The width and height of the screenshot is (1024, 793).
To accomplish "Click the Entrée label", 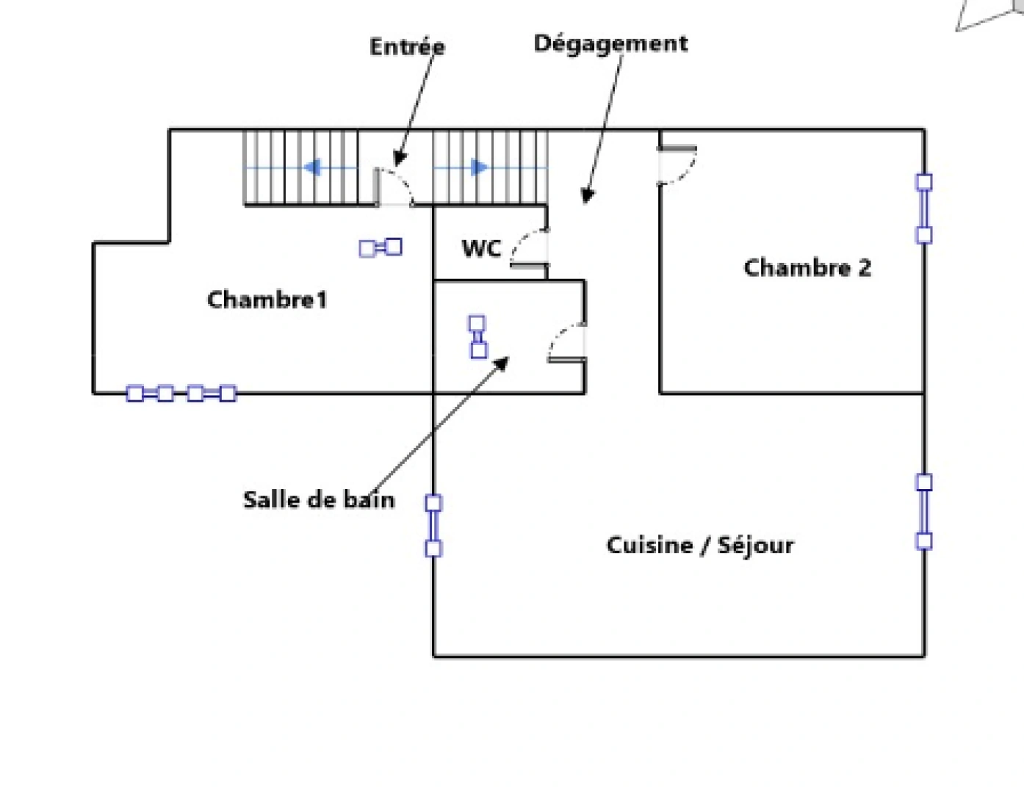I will (407, 47).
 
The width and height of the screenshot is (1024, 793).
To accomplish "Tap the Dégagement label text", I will (610, 43).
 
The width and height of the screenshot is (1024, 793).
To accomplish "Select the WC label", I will (481, 248).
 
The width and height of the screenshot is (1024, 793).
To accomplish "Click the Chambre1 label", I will (267, 300).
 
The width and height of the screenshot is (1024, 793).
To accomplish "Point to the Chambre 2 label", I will (807, 267).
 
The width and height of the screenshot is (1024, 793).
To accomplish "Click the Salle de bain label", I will (319, 500).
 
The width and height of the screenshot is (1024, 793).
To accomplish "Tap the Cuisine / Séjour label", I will (700, 545).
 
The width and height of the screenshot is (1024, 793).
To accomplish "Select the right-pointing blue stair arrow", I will (479, 167).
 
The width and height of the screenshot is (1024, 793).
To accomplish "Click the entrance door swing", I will (394, 187).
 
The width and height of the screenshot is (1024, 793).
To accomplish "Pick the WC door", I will (530, 247).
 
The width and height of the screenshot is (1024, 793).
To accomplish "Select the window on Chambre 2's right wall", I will (923, 209).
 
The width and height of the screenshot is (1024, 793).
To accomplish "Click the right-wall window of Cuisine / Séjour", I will (923, 512).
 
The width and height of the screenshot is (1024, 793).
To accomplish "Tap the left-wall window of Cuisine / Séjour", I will (433, 526).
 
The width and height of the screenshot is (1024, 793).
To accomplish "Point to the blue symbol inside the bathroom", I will (477, 337).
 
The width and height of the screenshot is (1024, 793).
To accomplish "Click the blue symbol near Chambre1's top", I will (381, 247).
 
